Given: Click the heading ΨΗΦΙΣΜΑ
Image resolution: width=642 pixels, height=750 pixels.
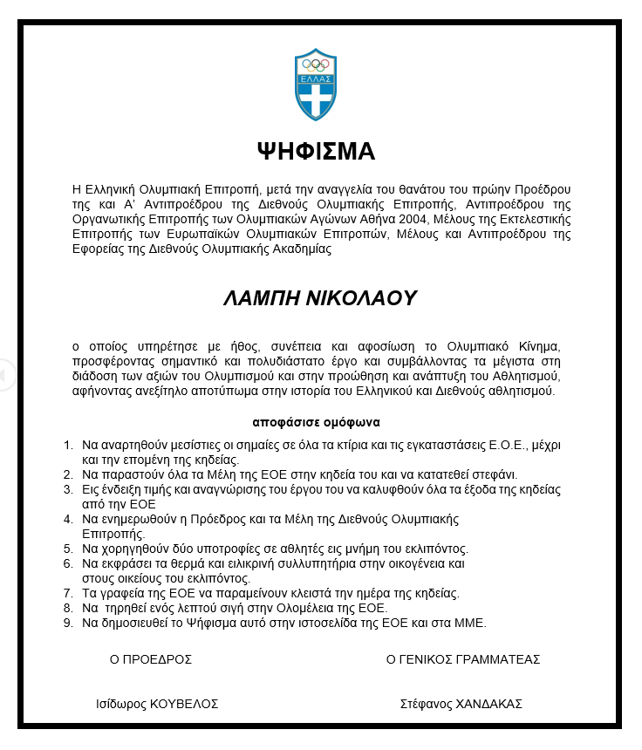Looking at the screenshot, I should [316, 152].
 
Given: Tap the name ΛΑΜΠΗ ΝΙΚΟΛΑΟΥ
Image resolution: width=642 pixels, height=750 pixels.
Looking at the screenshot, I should [319, 298].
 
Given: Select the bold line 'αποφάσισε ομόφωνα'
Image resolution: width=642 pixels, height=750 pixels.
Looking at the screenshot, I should [316, 422].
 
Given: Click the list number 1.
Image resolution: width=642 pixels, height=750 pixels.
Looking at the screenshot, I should [68, 445].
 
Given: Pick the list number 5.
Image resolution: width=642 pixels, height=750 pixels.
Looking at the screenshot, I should [68, 549].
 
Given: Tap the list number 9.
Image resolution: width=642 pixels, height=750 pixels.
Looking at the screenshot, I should [68, 623].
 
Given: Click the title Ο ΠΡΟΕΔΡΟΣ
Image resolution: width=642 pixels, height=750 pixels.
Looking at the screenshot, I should [151, 659].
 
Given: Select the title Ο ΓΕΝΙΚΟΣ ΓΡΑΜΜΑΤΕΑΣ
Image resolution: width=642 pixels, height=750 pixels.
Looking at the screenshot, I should [463, 659].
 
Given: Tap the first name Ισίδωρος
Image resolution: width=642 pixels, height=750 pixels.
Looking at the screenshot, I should [120, 704].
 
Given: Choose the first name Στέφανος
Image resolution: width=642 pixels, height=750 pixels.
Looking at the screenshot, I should [425, 704].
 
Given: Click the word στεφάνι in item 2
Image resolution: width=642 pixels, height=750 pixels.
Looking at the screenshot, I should [495, 474].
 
